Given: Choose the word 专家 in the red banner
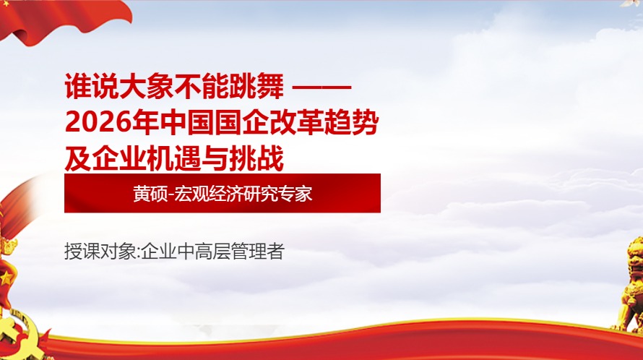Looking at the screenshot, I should pyautogui.click(x=296, y=194).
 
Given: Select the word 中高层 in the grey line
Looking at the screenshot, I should pyautogui.click(x=205, y=253).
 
